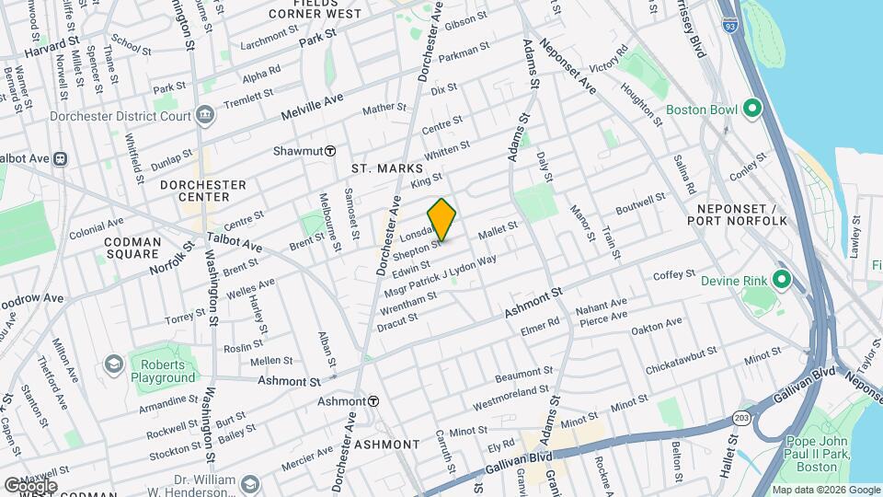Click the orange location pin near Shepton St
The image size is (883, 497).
(441, 219)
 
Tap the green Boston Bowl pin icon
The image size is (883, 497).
(751, 110)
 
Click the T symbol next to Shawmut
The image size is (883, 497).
(329, 151)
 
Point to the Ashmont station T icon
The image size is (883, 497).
(373, 401)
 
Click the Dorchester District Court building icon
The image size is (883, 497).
(204, 117)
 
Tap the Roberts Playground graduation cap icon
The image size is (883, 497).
(113, 365)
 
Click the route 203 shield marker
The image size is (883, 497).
(740, 418)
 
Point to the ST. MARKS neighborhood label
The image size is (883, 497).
(387, 169)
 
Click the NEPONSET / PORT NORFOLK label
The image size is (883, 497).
(738, 214)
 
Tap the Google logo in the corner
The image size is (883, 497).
(30, 486)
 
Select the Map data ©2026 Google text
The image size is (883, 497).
(825, 490)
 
